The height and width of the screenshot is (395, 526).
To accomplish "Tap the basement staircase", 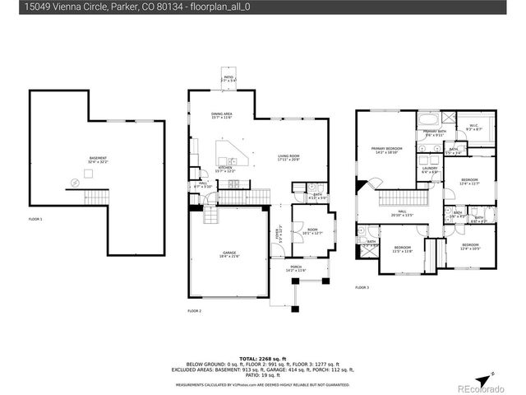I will pos(97,198).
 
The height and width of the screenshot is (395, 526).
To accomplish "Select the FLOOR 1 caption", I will pos(35,220).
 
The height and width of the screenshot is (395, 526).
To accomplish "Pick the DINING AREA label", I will pos(222,115).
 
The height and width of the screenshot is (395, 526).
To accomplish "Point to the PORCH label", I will pos(295,268).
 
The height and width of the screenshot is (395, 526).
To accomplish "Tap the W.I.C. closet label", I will pos(475,128).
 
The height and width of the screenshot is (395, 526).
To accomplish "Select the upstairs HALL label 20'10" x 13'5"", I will pos(404,212).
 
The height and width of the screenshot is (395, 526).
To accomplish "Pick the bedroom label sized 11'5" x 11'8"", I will pos(402,249).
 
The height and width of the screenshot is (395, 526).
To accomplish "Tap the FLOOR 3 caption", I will pos(362,287).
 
